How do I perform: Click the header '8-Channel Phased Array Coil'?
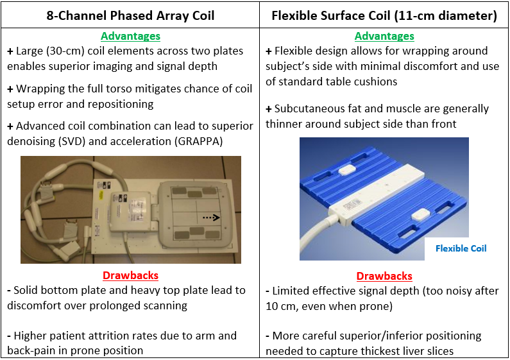pos(130,15)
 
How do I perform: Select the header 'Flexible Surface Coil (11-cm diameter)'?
pos(384,15)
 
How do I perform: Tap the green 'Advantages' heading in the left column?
pos(130,36)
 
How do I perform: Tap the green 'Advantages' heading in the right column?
pos(384,36)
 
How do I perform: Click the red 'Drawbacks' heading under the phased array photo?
pos(130,275)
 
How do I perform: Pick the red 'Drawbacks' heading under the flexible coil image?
pos(384,276)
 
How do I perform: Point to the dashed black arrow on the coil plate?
pos(212,218)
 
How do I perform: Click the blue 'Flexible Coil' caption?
pos(461,248)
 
